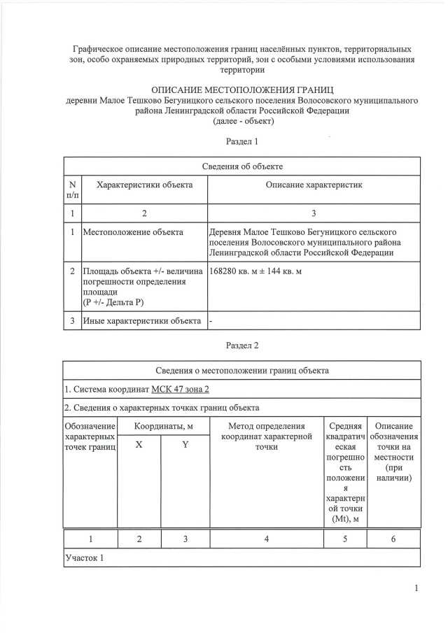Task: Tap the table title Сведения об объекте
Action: pos(242,166)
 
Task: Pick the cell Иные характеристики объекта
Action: pos(142,321)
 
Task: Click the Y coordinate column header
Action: pos(185,445)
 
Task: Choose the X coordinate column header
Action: pos(139,445)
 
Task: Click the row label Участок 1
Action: pos(84,558)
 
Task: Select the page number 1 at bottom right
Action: pos(416,588)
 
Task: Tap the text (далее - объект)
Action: pos(242,120)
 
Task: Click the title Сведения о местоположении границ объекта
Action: pos(242,370)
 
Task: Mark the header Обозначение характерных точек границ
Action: pos(90,436)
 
